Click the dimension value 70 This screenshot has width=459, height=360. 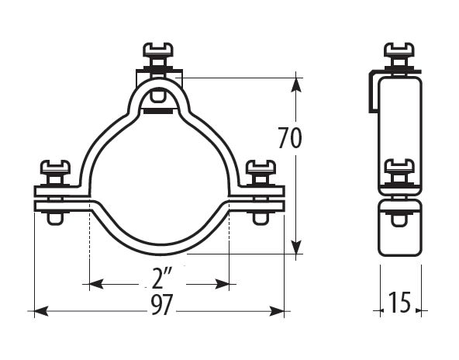pyautogui.click(x=289, y=137)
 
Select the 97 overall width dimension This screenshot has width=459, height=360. pyautogui.click(x=163, y=305)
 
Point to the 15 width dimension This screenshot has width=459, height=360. pyautogui.click(x=400, y=303)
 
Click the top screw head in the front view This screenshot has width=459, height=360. pyautogui.click(x=158, y=50)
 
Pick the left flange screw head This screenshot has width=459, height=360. pyautogui.click(x=55, y=167)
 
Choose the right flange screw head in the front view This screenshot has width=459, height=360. pyautogui.click(x=261, y=167)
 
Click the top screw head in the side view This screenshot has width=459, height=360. pyautogui.click(x=399, y=50)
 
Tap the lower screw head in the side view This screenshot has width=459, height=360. pyautogui.click(x=399, y=166)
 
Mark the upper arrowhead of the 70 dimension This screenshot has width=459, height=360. pyautogui.click(x=296, y=85)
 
